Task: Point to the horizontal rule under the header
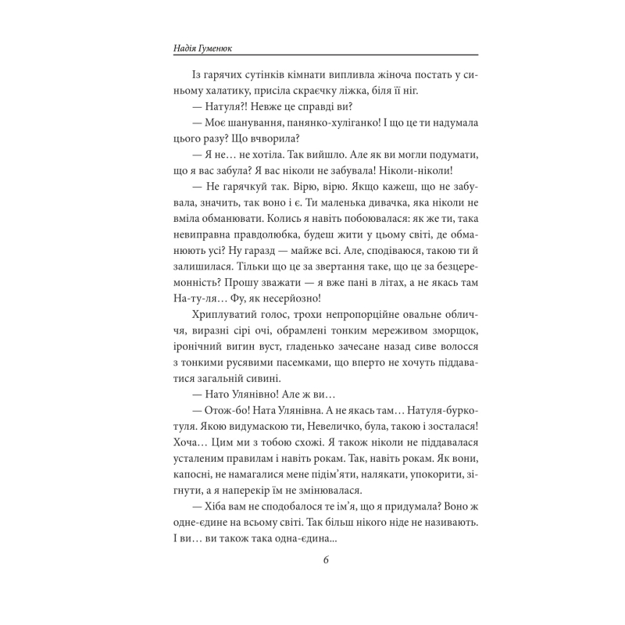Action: point(312,55)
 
